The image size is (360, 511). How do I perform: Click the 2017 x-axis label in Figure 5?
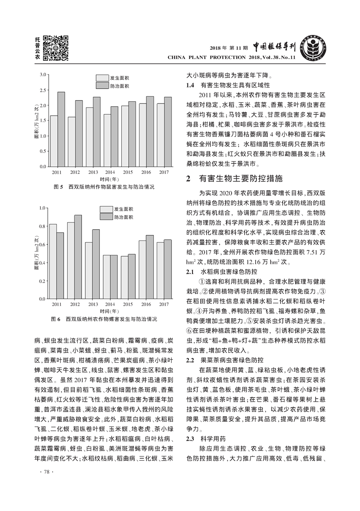pyautogui.click(x=164, y=173)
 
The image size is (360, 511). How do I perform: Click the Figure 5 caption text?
pyautogui.click(x=104, y=187)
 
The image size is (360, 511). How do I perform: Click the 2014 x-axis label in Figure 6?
pyautogui.click(x=110, y=304)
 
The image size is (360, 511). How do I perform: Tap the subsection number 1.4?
pyautogui.click(x=192, y=85)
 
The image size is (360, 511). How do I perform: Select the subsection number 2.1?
pyautogui.click(x=192, y=272)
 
